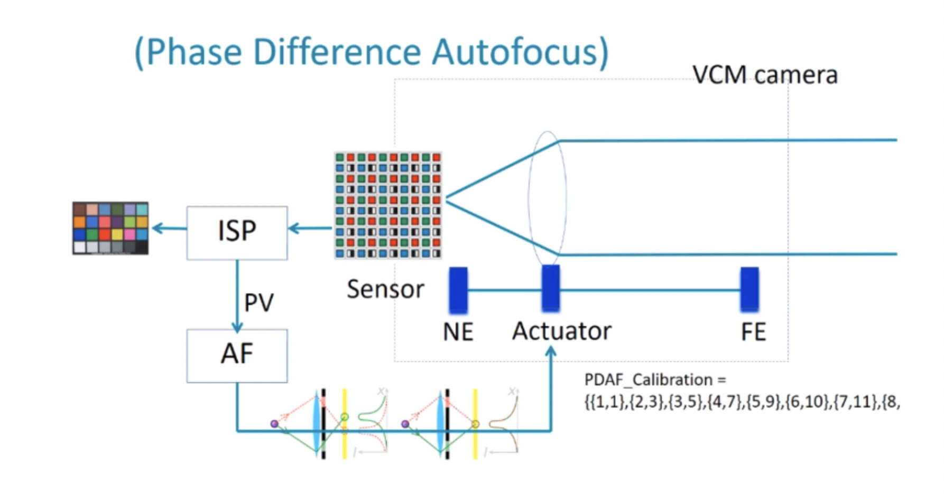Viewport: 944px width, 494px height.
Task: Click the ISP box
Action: [x=237, y=232]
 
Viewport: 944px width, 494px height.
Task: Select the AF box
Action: [x=237, y=355]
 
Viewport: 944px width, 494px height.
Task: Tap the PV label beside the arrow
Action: [x=258, y=302]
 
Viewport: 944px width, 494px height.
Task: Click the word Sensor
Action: [x=385, y=289]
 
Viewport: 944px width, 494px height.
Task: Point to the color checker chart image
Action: [x=110, y=228]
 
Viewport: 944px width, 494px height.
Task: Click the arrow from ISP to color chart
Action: [x=168, y=228]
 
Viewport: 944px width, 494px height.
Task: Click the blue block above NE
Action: [x=458, y=290]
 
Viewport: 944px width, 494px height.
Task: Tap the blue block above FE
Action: [x=749, y=289]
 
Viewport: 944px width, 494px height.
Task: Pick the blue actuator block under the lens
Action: [x=550, y=288]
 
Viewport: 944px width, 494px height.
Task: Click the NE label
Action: [x=458, y=332]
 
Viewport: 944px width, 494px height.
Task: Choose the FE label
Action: [x=753, y=332]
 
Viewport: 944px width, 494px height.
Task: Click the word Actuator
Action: [x=561, y=331]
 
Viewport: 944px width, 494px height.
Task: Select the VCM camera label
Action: [x=765, y=75]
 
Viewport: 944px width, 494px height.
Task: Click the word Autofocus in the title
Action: [x=520, y=52]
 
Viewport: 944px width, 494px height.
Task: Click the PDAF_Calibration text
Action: [x=655, y=379]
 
